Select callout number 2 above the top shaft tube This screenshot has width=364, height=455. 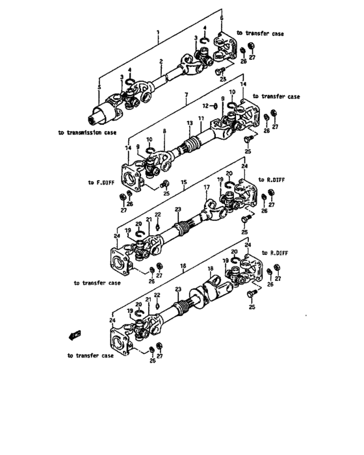click(x=161, y=62)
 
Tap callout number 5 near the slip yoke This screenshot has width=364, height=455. click(x=99, y=86)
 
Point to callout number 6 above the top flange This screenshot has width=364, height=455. click(x=221, y=19)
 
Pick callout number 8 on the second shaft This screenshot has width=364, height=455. click(x=164, y=131)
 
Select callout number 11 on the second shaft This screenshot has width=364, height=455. click(x=201, y=118)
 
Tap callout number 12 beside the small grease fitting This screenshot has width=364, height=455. click(x=203, y=105)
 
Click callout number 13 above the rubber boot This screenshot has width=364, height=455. click(x=190, y=123)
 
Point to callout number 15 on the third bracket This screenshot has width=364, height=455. click(x=184, y=183)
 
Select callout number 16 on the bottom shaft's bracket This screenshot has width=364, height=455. click(x=183, y=266)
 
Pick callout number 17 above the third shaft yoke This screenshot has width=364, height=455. click(x=207, y=187)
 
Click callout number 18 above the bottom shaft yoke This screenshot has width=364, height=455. click(x=210, y=268)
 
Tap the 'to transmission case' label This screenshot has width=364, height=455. click(x=88, y=133)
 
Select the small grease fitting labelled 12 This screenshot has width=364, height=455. click(x=213, y=105)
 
